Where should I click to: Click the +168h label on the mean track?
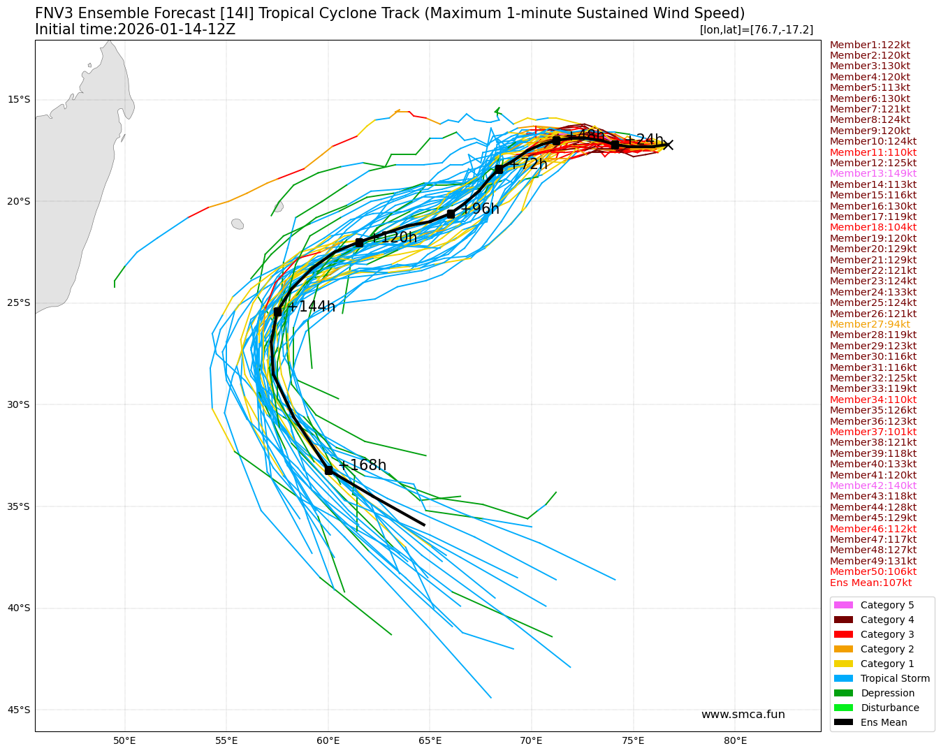pyautogui.click(x=362, y=465)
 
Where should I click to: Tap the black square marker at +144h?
pyautogui.click(x=277, y=312)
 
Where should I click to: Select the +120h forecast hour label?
pyautogui.click(x=393, y=237)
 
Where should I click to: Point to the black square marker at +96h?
pyautogui.click(x=451, y=214)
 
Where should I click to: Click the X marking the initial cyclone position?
pyautogui.click(x=668, y=145)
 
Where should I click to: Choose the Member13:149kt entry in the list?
pyautogui.click(x=873, y=173)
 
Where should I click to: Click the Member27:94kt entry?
pyautogui.click(x=870, y=324)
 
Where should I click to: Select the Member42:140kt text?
pyautogui.click(x=873, y=485)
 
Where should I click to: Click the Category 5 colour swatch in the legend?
pyautogui.click(x=843, y=605)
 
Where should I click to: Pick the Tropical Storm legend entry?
pyautogui.click(x=895, y=678)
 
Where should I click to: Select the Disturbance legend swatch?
pyautogui.click(x=843, y=708)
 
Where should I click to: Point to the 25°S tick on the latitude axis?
pyautogui.click(x=19, y=303)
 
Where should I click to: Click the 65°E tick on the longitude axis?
pyautogui.click(x=430, y=740)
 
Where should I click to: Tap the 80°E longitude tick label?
pyautogui.click(x=735, y=740)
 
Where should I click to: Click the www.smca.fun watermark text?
pyautogui.click(x=743, y=715)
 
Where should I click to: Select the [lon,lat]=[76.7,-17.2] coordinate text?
pyautogui.click(x=756, y=29)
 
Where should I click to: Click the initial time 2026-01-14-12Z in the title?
pyautogui.click(x=176, y=29)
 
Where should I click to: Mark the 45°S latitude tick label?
pyautogui.click(x=19, y=710)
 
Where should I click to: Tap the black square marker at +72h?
pyautogui.click(x=499, y=169)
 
